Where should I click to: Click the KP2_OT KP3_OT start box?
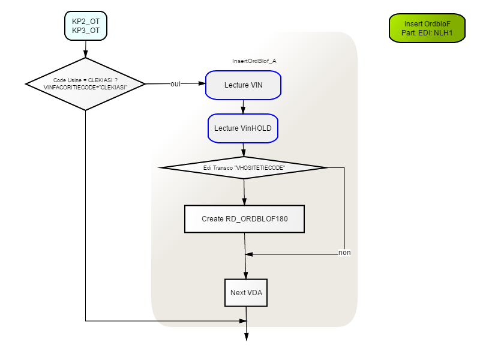[x=86, y=26]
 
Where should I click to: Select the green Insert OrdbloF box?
[x=427, y=28]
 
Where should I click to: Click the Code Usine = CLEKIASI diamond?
[x=85, y=84]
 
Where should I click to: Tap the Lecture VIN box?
[x=244, y=85]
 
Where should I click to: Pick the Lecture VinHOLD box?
[x=243, y=128]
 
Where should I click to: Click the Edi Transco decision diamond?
[x=244, y=168]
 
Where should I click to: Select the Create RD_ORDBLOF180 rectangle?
[x=244, y=219]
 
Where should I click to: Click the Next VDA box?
[x=246, y=293]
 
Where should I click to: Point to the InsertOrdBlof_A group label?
[x=254, y=61]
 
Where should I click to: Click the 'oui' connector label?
[x=175, y=84]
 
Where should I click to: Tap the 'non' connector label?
[x=344, y=253]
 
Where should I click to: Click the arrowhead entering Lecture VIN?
[x=202, y=83]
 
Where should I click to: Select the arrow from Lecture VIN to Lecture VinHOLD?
[x=244, y=107]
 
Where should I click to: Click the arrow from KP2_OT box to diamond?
[x=86, y=49]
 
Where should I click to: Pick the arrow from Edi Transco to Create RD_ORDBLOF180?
[x=244, y=192]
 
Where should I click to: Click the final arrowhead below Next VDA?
[x=247, y=337]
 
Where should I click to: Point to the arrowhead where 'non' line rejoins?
[x=249, y=254]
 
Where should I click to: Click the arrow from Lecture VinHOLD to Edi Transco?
[x=244, y=150]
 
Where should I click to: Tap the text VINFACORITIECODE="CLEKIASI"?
[x=85, y=88]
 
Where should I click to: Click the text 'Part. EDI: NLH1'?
[x=427, y=33]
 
